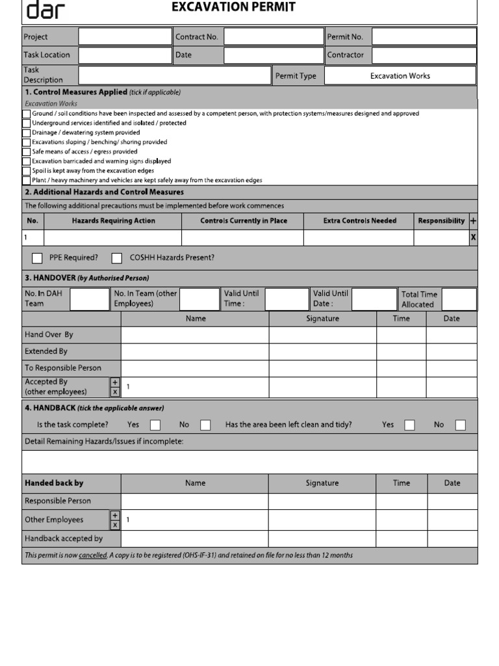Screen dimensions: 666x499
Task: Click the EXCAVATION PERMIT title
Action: coord(233,7)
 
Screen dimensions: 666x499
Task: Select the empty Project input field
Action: coord(125,37)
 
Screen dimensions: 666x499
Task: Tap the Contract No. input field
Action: coord(274,37)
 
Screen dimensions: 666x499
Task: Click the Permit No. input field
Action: coord(424,37)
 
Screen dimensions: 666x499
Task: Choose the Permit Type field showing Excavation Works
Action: coord(400,75)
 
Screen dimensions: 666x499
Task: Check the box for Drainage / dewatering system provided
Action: coord(26,133)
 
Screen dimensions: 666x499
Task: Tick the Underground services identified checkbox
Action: coord(26,123)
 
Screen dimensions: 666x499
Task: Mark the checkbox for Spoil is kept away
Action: coord(26,171)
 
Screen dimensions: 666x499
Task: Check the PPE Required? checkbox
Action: coord(38,258)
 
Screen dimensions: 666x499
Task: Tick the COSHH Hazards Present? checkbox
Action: coord(117,258)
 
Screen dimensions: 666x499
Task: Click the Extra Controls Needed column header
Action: coord(359,221)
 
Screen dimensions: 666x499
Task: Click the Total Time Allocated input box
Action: coord(459,299)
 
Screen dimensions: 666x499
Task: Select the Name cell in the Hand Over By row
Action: coord(195,335)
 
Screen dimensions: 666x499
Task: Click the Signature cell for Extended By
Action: coord(322,352)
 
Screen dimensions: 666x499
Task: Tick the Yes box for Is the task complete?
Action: coord(155,425)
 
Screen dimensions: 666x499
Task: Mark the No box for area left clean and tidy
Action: coord(460,425)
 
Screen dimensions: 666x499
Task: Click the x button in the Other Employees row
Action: coord(115,525)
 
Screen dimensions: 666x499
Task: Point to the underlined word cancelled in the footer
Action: coord(92,555)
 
